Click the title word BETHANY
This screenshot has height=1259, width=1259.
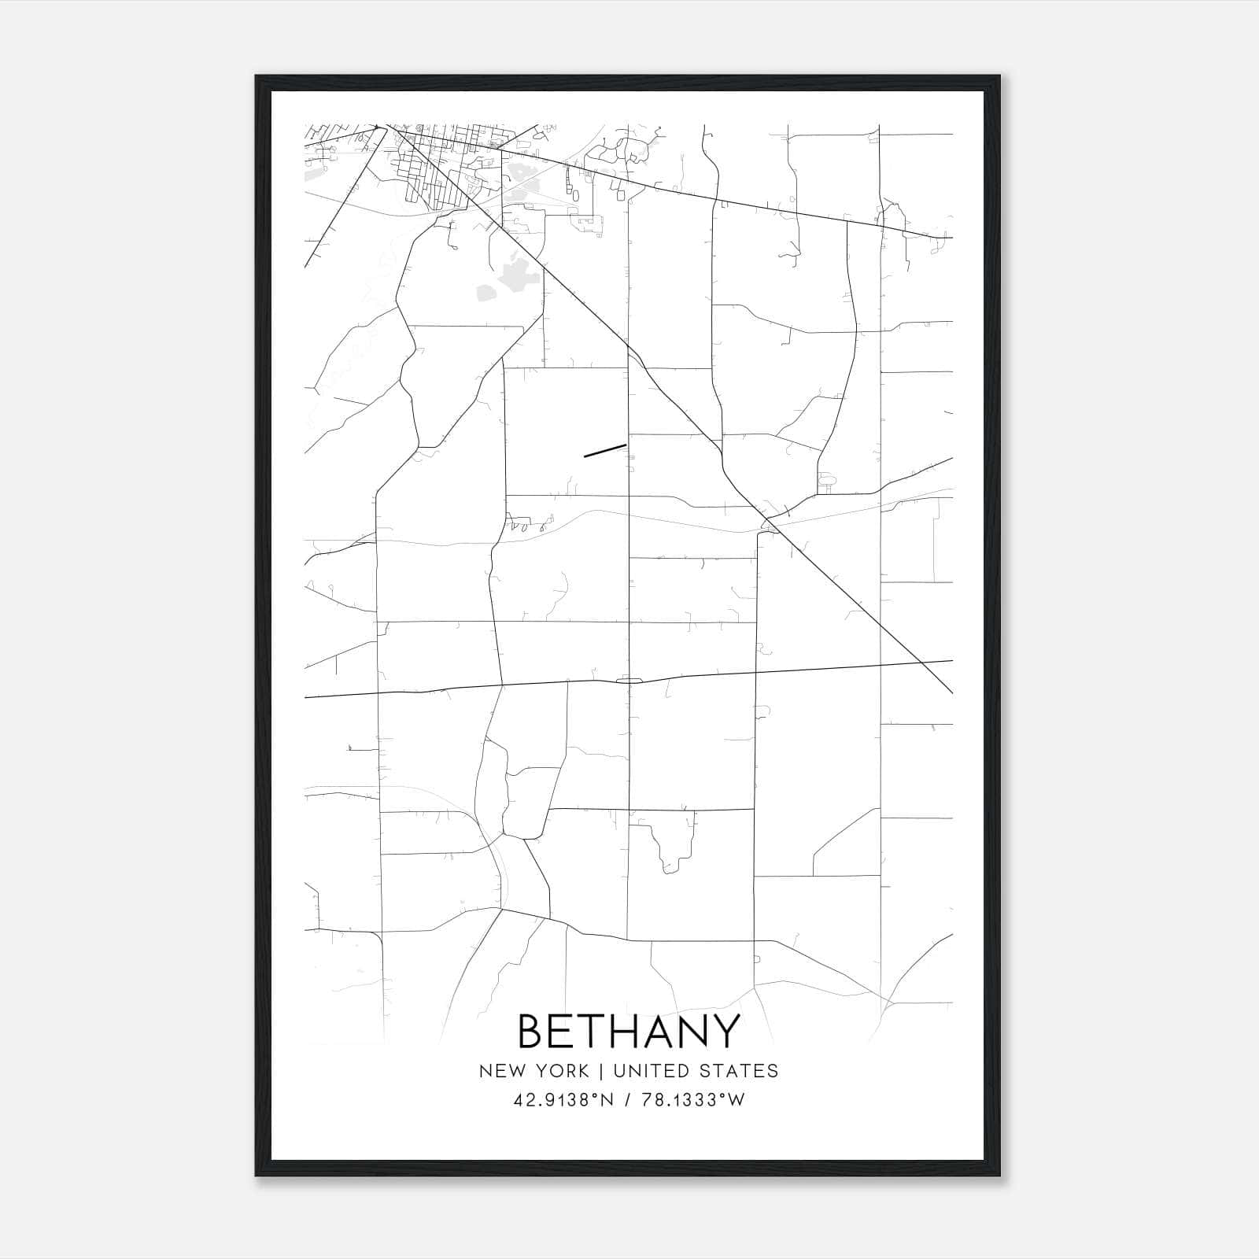pyautogui.click(x=629, y=1031)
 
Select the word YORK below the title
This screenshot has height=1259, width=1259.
pyautogui.click(x=559, y=1071)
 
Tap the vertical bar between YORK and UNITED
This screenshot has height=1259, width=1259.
pyautogui.click(x=601, y=1071)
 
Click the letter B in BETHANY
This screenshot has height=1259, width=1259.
pyautogui.click(x=532, y=1031)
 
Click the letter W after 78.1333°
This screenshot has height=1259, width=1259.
pyautogui.click(x=736, y=1100)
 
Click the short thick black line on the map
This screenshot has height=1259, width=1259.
pyautogui.click(x=605, y=450)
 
